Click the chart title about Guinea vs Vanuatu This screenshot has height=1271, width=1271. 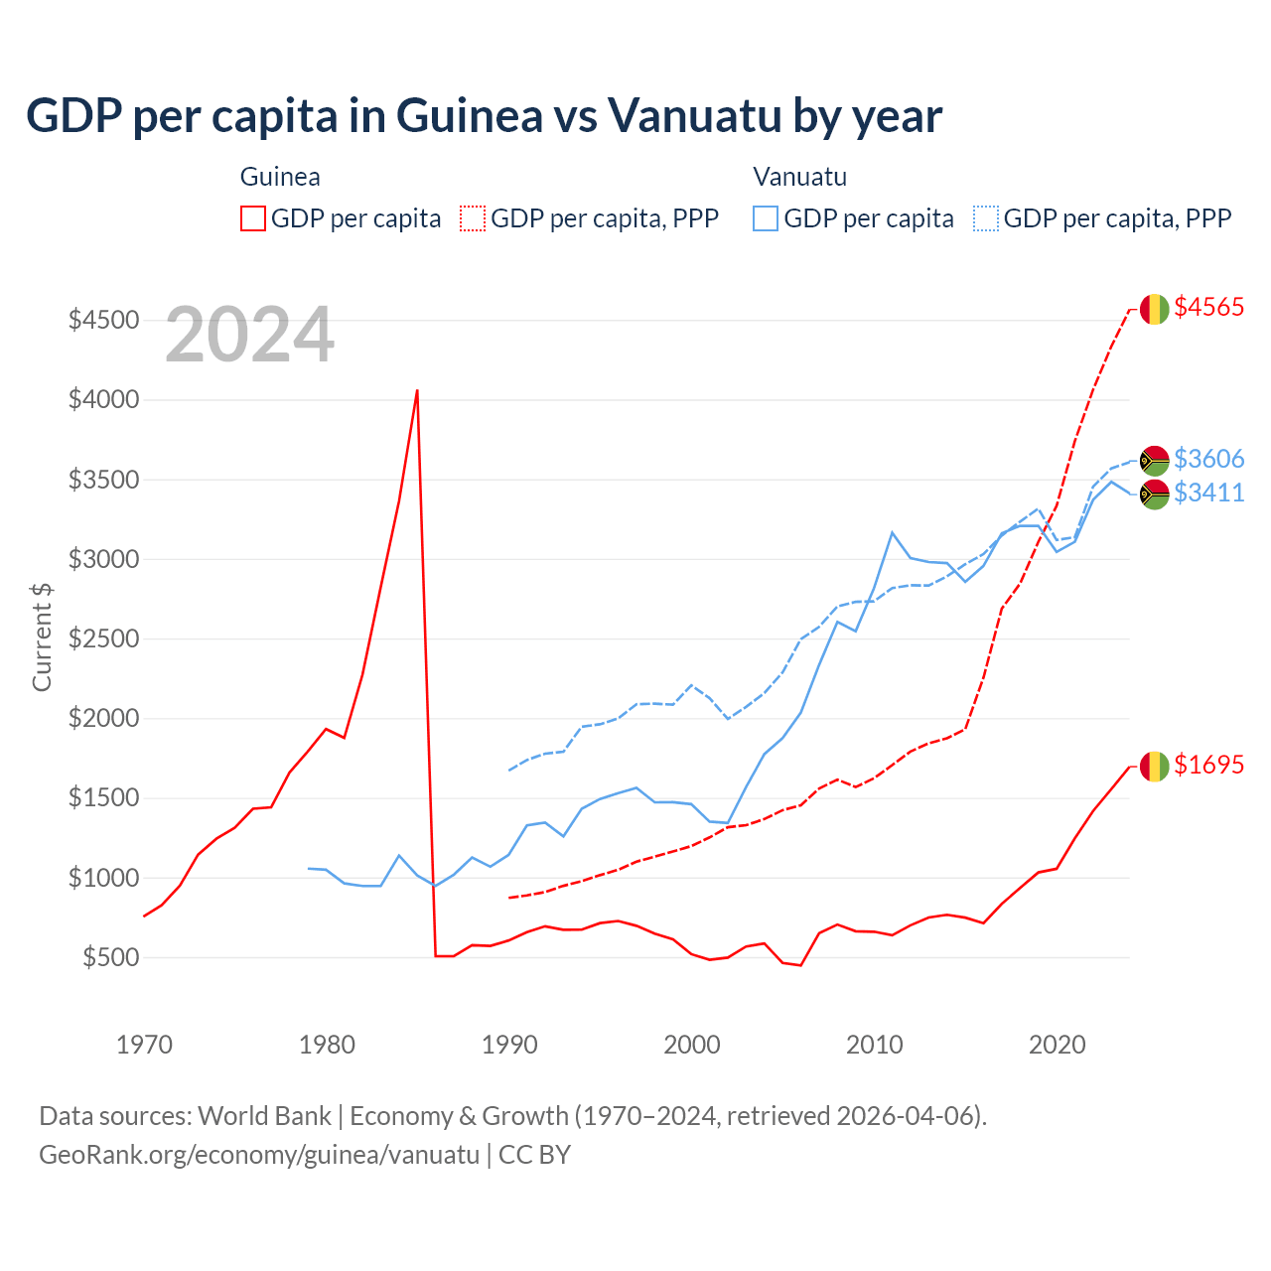point(484,116)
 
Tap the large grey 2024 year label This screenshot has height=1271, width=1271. point(249,336)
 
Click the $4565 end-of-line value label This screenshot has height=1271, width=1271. point(1208,307)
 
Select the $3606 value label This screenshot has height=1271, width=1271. point(1208,459)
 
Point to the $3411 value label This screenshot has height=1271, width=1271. point(1208,493)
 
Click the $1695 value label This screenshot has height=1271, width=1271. point(1208,765)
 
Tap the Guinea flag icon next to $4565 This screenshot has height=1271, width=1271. point(1154,309)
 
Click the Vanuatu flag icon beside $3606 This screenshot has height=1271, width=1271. point(1154,460)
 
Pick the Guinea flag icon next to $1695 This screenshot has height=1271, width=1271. point(1154,767)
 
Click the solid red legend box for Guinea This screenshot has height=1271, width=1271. point(253,218)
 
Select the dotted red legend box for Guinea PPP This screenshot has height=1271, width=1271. point(473,218)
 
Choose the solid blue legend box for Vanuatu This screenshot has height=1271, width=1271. point(766,218)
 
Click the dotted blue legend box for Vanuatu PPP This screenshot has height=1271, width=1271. point(986,218)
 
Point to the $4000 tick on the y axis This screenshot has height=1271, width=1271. point(103,400)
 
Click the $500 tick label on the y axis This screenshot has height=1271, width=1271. point(109,958)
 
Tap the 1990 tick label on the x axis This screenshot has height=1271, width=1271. point(509,1045)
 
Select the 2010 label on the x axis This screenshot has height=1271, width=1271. point(874,1045)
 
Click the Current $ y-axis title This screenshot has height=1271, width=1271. point(42,637)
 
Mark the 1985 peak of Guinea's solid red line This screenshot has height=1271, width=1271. point(417,390)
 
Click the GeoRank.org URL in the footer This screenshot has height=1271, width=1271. point(259,1155)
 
